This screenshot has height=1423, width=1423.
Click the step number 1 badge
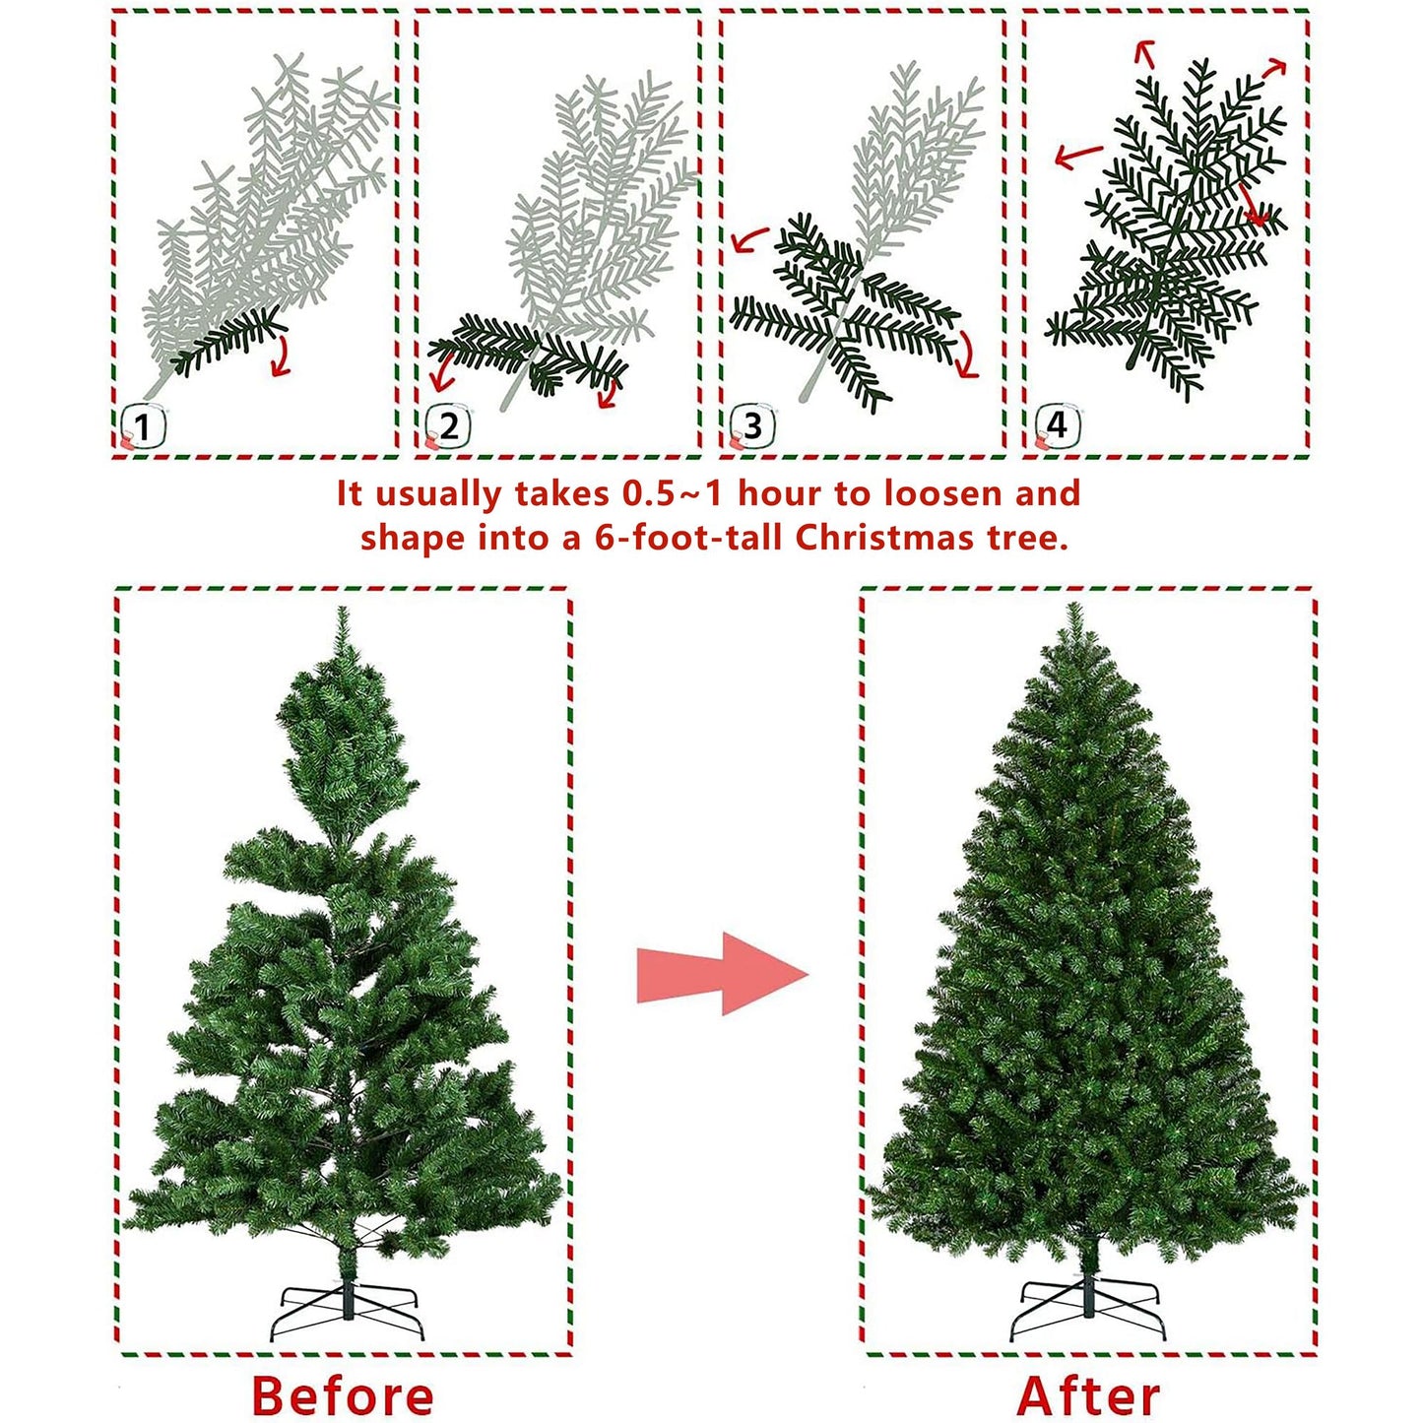coord(144,427)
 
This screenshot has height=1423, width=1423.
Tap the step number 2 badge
coord(448,427)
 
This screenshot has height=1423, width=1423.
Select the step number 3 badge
coord(751,427)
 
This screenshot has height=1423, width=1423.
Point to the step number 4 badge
coord(1057,427)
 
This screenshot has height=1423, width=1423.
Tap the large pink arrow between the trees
coord(723,973)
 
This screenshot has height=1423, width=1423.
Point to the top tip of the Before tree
coord(341,608)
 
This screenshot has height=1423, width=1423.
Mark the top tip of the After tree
coord(1074,604)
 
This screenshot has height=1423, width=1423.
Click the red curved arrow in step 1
coord(280,356)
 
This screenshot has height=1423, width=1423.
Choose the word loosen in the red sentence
coord(932,493)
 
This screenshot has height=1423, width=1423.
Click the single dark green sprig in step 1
coord(227,342)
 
